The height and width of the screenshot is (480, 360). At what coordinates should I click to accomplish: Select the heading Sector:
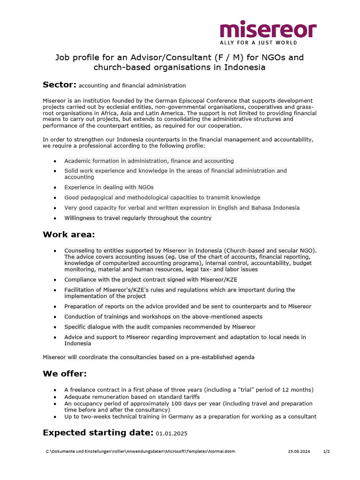(60, 85)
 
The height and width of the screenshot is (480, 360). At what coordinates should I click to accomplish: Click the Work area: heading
(69, 234)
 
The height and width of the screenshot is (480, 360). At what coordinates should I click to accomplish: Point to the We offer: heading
(65, 374)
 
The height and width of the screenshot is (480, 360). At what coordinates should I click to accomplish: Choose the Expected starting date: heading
(98, 432)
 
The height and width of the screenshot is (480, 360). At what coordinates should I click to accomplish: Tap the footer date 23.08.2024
(299, 451)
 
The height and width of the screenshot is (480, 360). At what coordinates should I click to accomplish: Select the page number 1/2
(327, 451)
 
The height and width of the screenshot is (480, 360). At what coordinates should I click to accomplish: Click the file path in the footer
(140, 451)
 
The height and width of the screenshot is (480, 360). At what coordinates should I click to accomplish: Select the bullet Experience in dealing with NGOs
(109, 187)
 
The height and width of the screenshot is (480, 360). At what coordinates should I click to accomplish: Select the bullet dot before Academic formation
(55, 161)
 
